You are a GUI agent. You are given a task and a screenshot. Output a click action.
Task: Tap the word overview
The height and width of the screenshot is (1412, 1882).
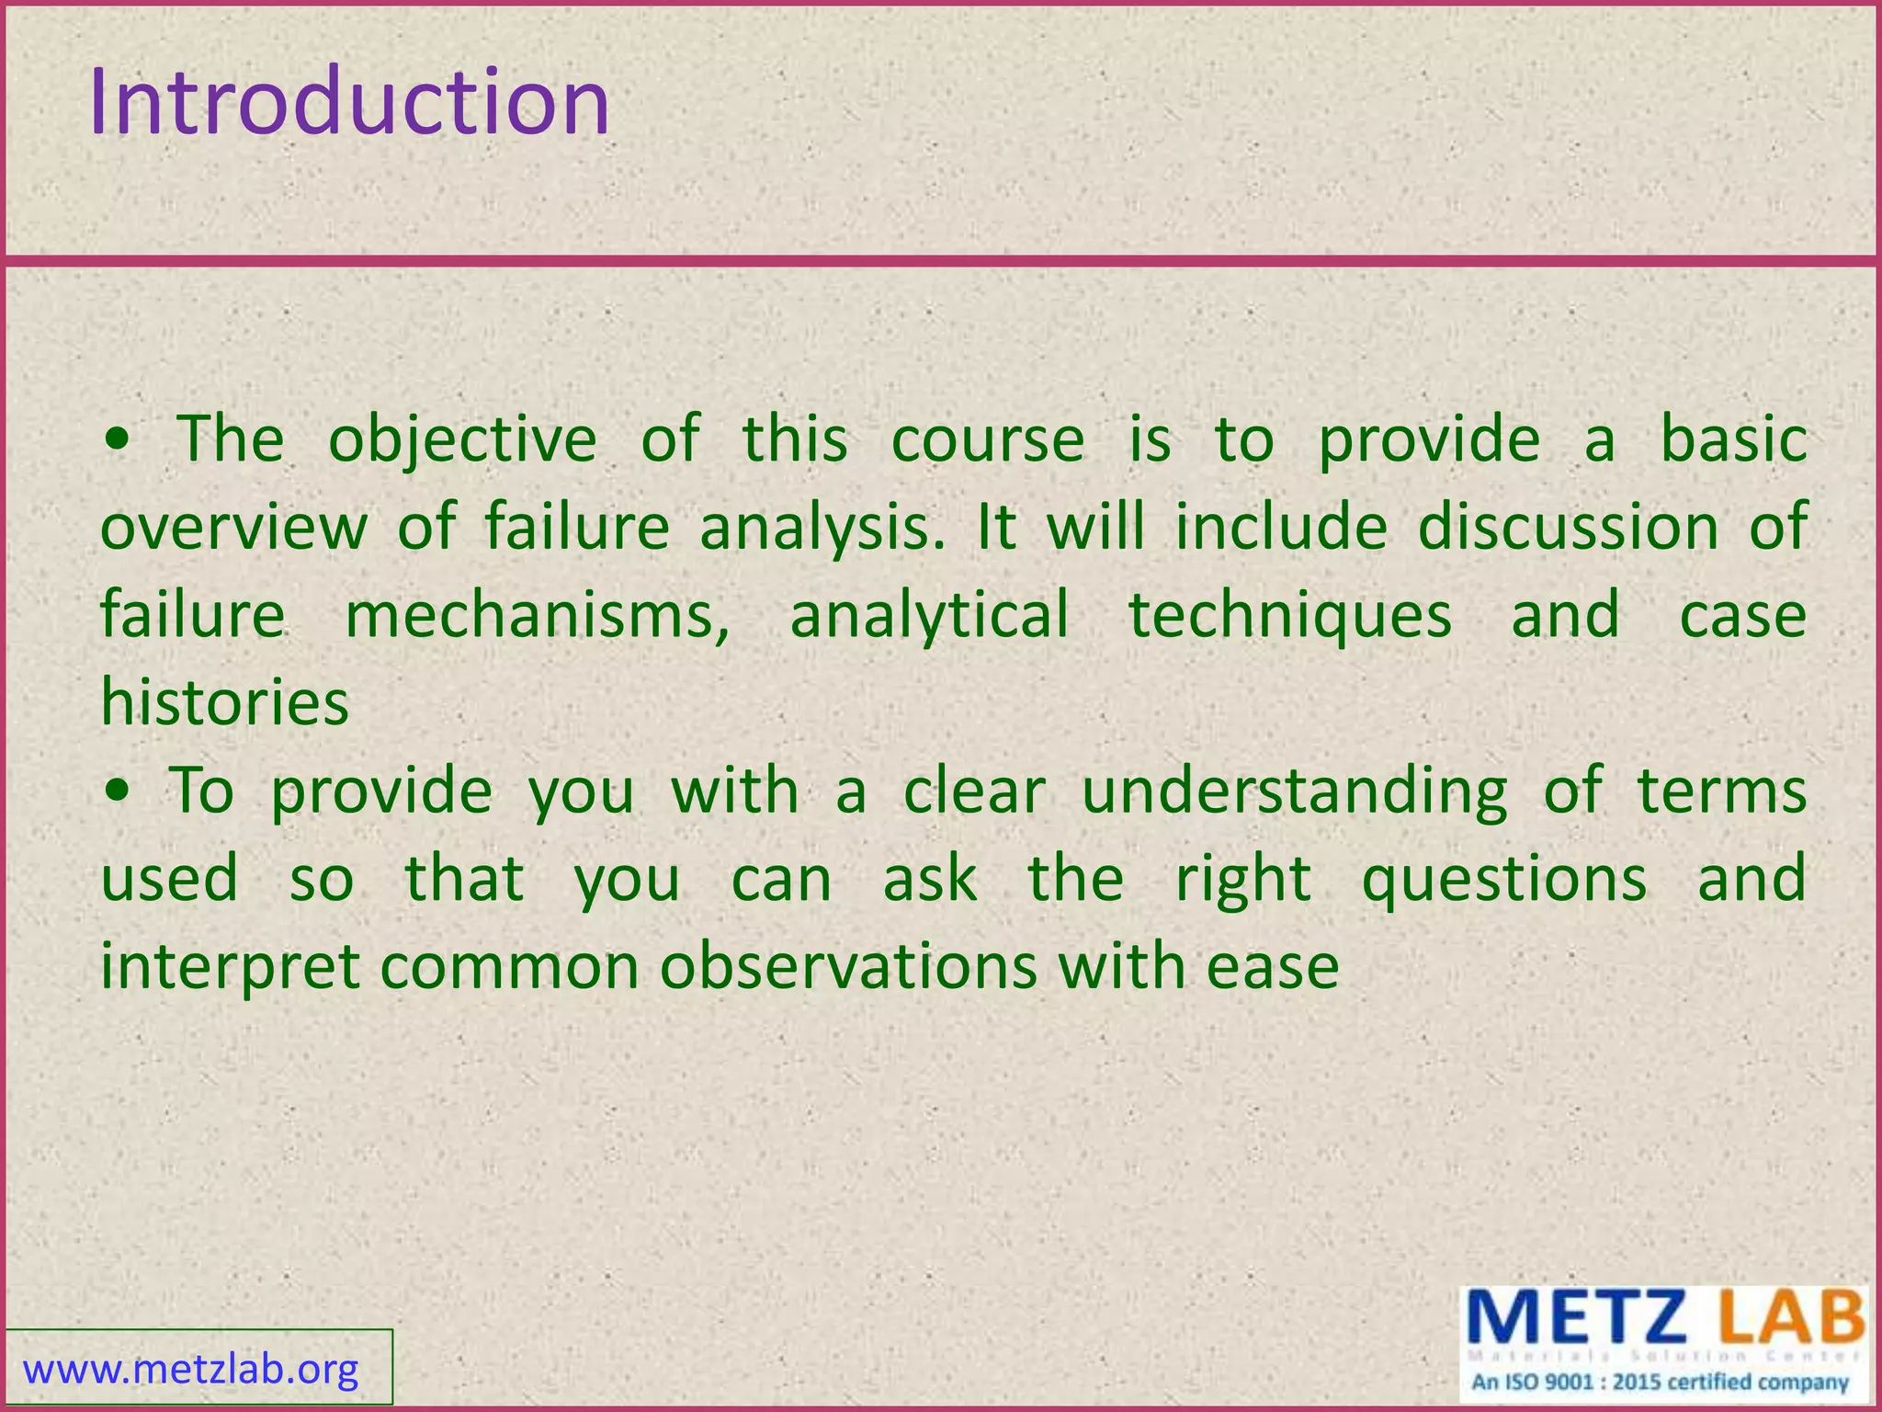[x=233, y=529]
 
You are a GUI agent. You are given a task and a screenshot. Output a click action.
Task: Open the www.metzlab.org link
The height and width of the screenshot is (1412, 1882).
[x=190, y=1370]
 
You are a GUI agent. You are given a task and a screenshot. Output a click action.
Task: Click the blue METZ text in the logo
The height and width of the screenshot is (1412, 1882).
[x=1576, y=1317]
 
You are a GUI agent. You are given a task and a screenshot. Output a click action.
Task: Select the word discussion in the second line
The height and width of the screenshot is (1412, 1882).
[x=1568, y=529]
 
